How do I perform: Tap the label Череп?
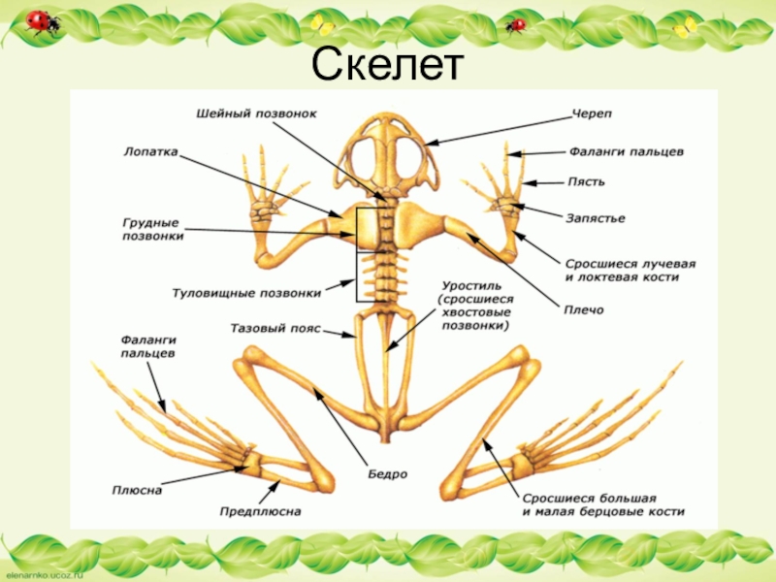pyautogui.click(x=591, y=114)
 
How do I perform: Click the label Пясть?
pyautogui.click(x=585, y=181)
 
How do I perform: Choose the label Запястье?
pyautogui.click(x=595, y=218)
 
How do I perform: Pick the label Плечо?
pyautogui.click(x=584, y=309)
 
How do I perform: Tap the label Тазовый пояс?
pyautogui.click(x=275, y=329)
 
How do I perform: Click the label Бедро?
pyautogui.click(x=386, y=474)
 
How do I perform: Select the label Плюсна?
pyautogui.click(x=137, y=490)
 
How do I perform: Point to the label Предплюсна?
pyautogui.click(x=260, y=510)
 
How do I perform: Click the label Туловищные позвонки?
pyautogui.click(x=246, y=291)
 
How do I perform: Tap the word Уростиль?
pyautogui.click(x=470, y=287)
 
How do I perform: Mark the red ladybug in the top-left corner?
pyautogui.click(x=40, y=21)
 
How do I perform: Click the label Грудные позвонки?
pyautogui.click(x=154, y=229)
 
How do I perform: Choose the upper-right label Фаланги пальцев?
pyautogui.click(x=627, y=151)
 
